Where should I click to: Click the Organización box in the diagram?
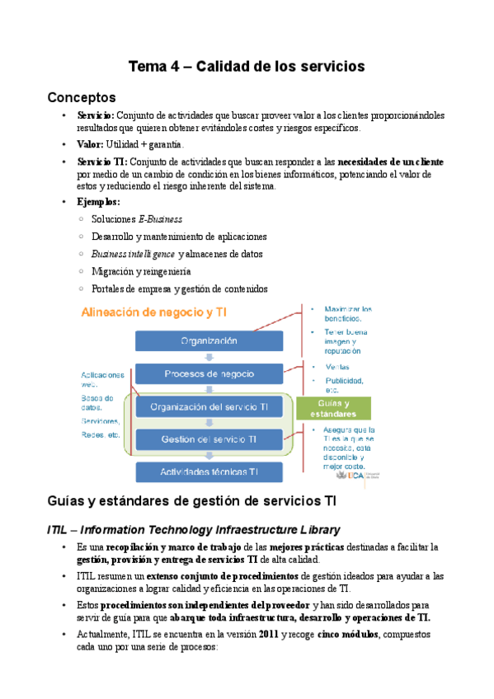(x=209, y=340)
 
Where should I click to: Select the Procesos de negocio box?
(x=209, y=374)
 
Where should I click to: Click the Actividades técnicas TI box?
(x=209, y=471)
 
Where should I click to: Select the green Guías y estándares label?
(x=332, y=408)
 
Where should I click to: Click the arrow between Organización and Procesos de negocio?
(x=209, y=358)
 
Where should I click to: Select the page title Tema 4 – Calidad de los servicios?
(x=247, y=65)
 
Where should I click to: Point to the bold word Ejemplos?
(x=98, y=201)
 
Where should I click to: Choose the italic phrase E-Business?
(x=160, y=219)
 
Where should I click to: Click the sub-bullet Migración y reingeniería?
(x=142, y=271)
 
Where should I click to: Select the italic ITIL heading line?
(x=194, y=528)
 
